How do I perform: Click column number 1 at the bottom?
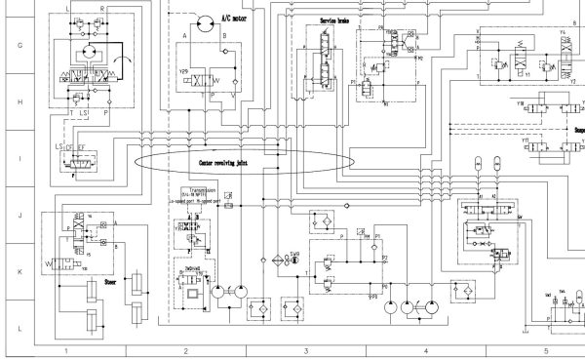tap(66, 349)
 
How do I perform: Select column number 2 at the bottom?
tap(185, 349)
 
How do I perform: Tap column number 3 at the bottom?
tap(305, 349)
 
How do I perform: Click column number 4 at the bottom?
tap(425, 349)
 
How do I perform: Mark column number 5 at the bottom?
tap(545, 349)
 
